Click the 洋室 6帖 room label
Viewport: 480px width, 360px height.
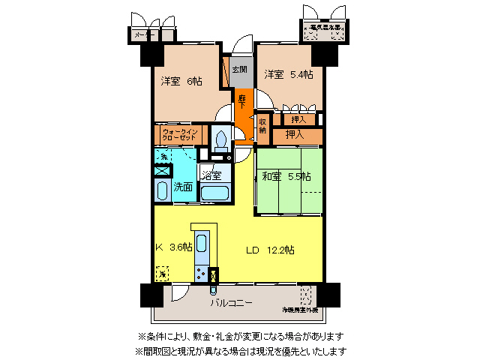[x=181, y=81]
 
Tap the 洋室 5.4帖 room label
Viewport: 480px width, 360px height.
[x=288, y=75]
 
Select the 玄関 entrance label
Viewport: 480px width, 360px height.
[x=239, y=70]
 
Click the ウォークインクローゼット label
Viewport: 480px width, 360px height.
[x=179, y=136]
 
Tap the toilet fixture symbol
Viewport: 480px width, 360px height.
[x=221, y=138]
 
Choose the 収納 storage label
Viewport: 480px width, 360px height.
[x=262, y=125]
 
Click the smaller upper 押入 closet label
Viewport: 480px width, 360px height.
[x=298, y=119]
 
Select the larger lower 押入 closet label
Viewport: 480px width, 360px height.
[x=295, y=135]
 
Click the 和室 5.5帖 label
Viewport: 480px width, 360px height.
[x=286, y=177]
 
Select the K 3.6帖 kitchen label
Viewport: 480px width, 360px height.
[x=173, y=247]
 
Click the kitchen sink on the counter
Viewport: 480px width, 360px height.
[x=202, y=247]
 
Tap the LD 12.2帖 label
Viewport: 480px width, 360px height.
[x=270, y=249]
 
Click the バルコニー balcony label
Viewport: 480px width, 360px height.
[x=231, y=302]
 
